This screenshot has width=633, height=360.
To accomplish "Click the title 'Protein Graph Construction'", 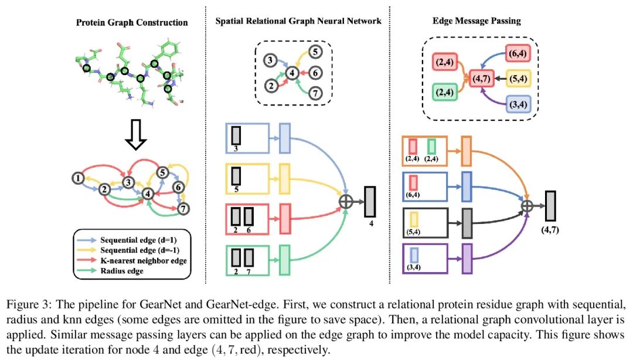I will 132,23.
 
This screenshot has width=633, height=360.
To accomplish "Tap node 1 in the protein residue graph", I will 77,177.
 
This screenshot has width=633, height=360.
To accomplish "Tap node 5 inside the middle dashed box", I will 314,53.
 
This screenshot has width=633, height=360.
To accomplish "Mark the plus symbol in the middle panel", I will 346,201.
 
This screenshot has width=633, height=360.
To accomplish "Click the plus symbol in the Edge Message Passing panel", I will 527,205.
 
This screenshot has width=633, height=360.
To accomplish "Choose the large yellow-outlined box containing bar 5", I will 247,179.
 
